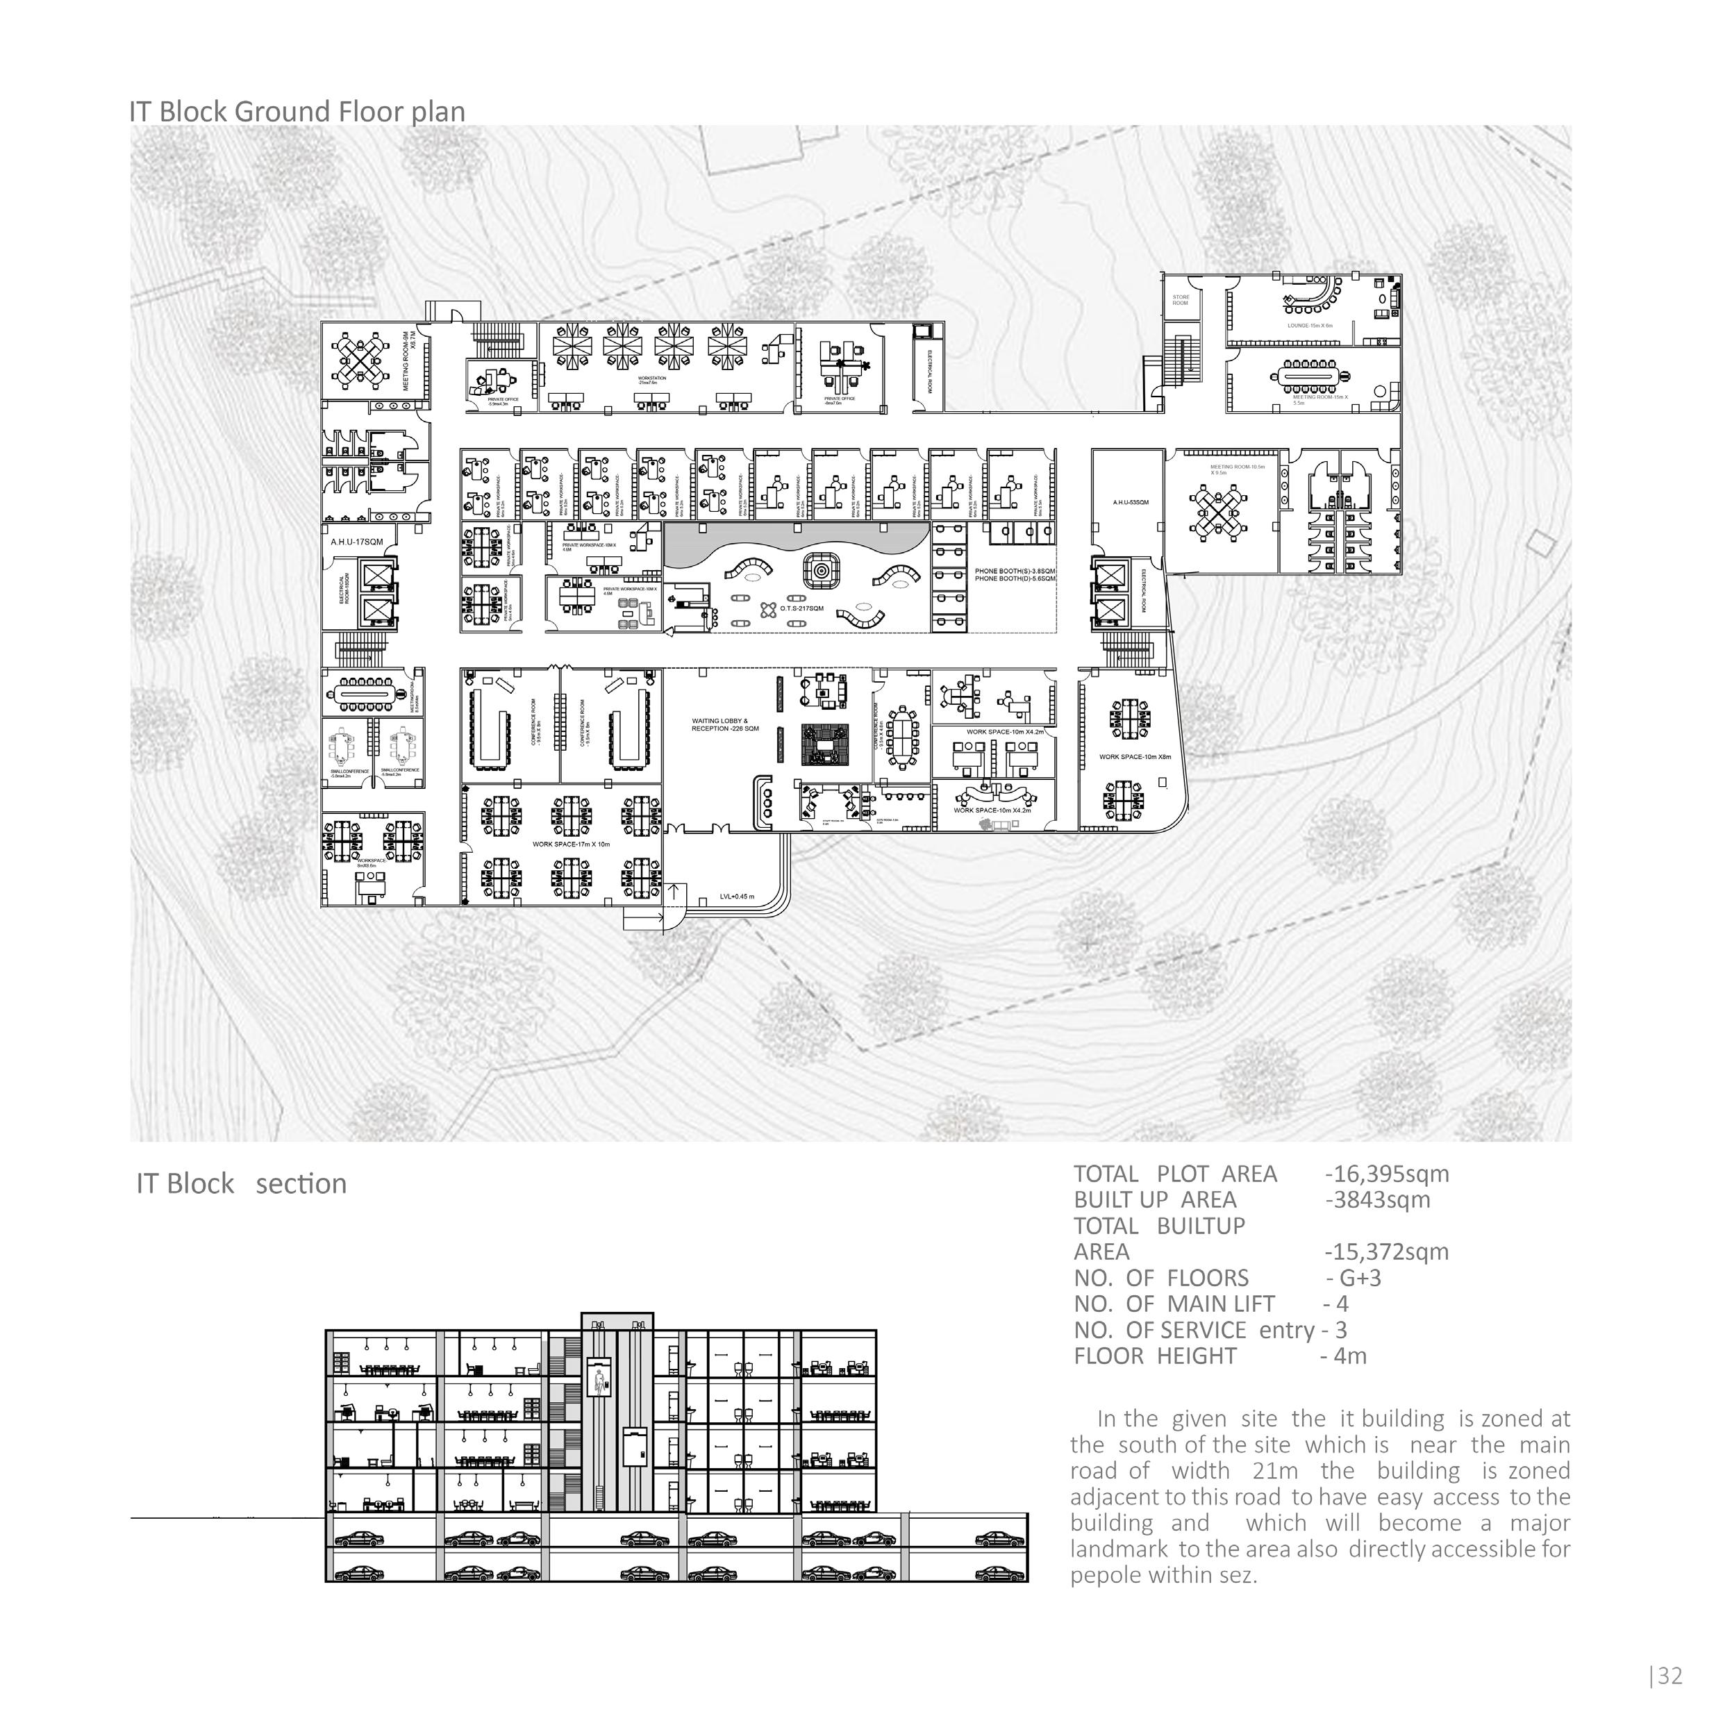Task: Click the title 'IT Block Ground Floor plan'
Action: tap(297, 113)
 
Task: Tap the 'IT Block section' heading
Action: tap(241, 1183)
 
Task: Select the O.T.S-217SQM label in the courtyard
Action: tap(801, 608)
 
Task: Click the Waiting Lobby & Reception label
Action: tap(725, 724)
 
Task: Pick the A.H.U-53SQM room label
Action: tap(1130, 503)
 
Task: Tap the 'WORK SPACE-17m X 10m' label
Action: tap(571, 844)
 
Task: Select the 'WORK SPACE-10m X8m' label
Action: tap(1134, 757)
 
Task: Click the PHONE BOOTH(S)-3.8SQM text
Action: tap(1015, 571)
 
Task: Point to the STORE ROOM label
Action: tap(1180, 301)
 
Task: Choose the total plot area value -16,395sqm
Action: tap(1387, 1174)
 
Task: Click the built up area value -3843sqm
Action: tap(1377, 1199)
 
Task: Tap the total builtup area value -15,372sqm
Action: tap(1387, 1252)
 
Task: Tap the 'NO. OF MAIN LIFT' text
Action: tap(1174, 1304)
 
